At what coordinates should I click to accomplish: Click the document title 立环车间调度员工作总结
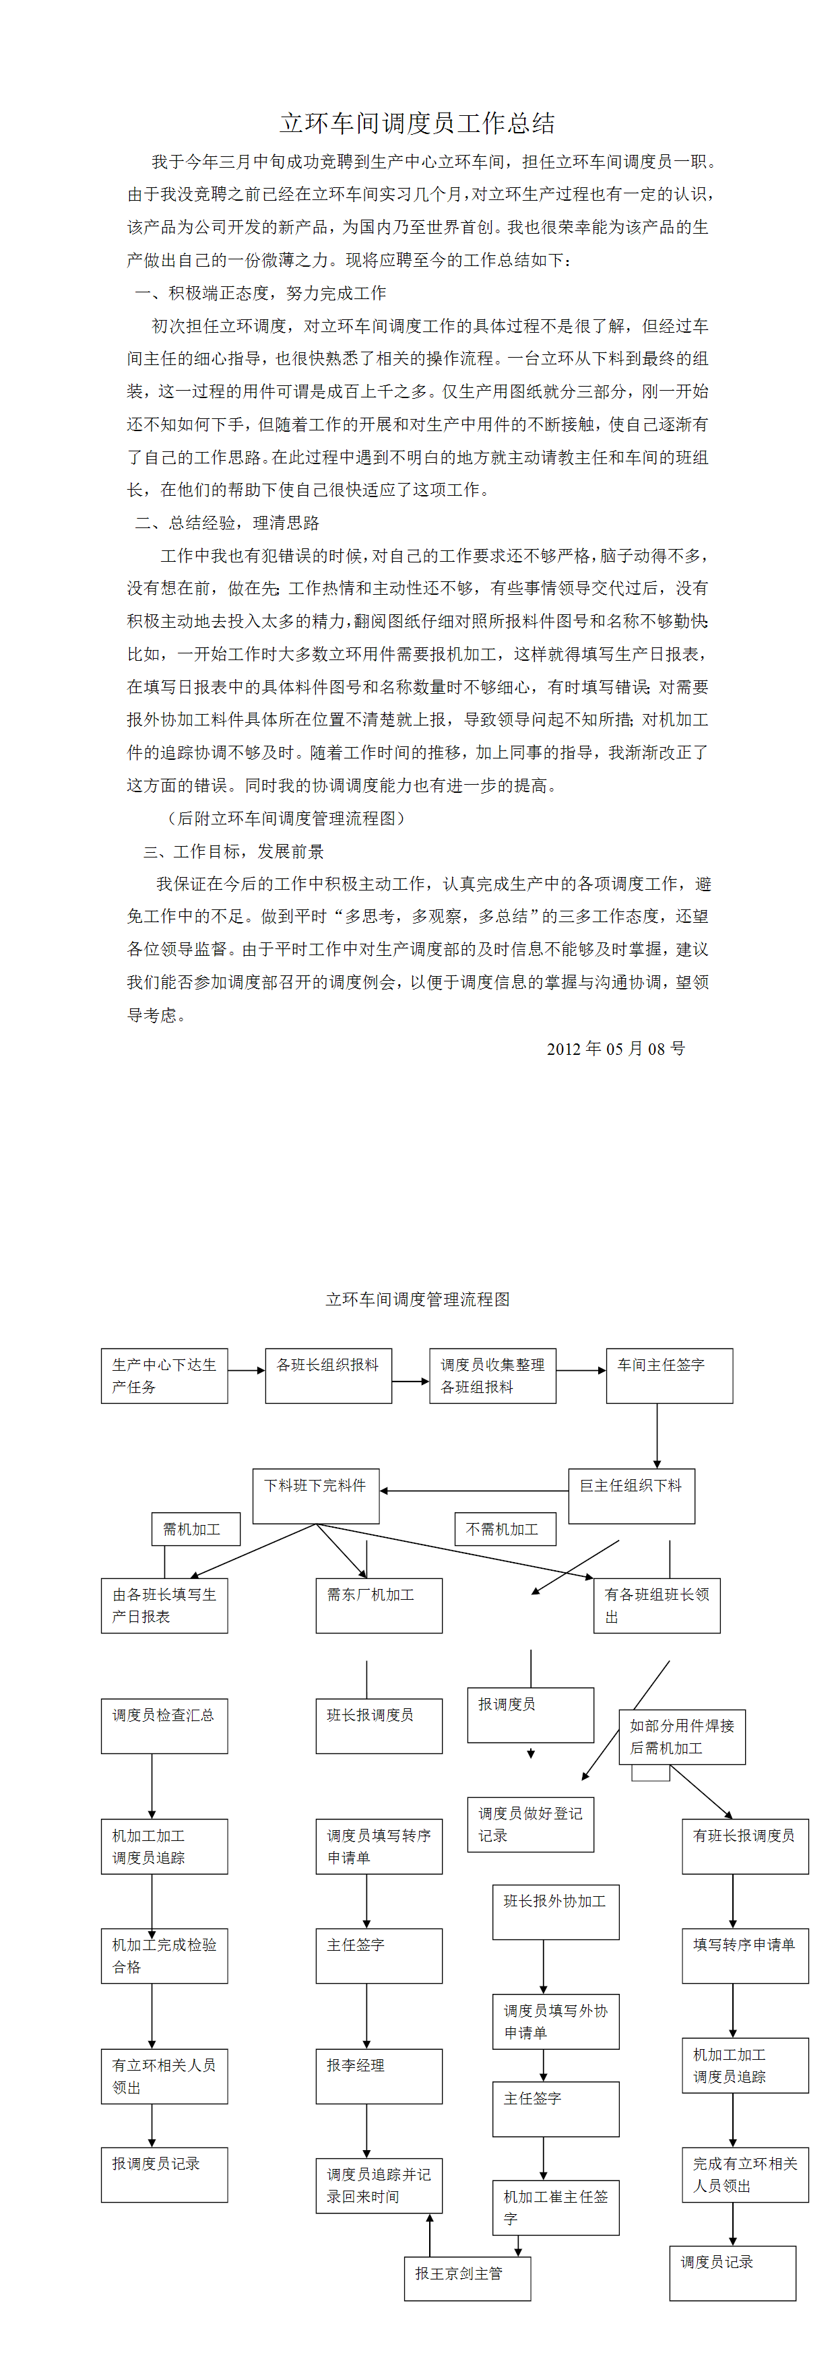(x=418, y=123)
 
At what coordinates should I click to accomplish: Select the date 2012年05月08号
(x=616, y=1049)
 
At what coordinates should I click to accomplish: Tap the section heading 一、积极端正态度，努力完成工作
(x=261, y=292)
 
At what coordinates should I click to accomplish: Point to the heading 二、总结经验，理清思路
(x=228, y=523)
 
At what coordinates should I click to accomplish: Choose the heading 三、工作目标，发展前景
(x=234, y=851)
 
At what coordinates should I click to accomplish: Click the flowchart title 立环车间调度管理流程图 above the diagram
(x=418, y=1299)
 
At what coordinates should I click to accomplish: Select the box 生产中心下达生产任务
(x=164, y=1375)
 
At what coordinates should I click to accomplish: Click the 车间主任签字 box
(x=669, y=1375)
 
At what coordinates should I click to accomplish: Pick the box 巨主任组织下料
(x=631, y=1495)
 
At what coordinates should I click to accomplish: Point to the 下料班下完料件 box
(x=316, y=1495)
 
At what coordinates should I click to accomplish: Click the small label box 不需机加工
(x=505, y=1529)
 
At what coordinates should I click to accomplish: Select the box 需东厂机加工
(x=379, y=1605)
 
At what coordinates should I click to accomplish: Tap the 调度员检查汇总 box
(x=164, y=1726)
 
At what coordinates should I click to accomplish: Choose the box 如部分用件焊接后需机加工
(x=682, y=1737)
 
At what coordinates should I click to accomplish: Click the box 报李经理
(x=379, y=2076)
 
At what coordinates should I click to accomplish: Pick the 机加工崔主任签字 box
(x=555, y=2207)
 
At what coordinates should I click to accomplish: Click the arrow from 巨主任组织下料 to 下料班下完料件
(x=474, y=1491)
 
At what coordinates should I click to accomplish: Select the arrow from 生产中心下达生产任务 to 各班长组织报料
(x=246, y=1371)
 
